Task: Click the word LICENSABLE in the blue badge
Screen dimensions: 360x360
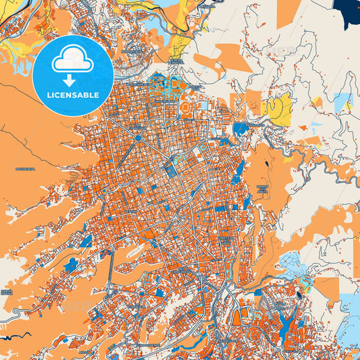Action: [x=72, y=95]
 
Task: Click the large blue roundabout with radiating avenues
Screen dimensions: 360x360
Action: [x=137, y=138]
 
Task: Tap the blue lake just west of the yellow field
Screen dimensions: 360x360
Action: [x=240, y=128]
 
